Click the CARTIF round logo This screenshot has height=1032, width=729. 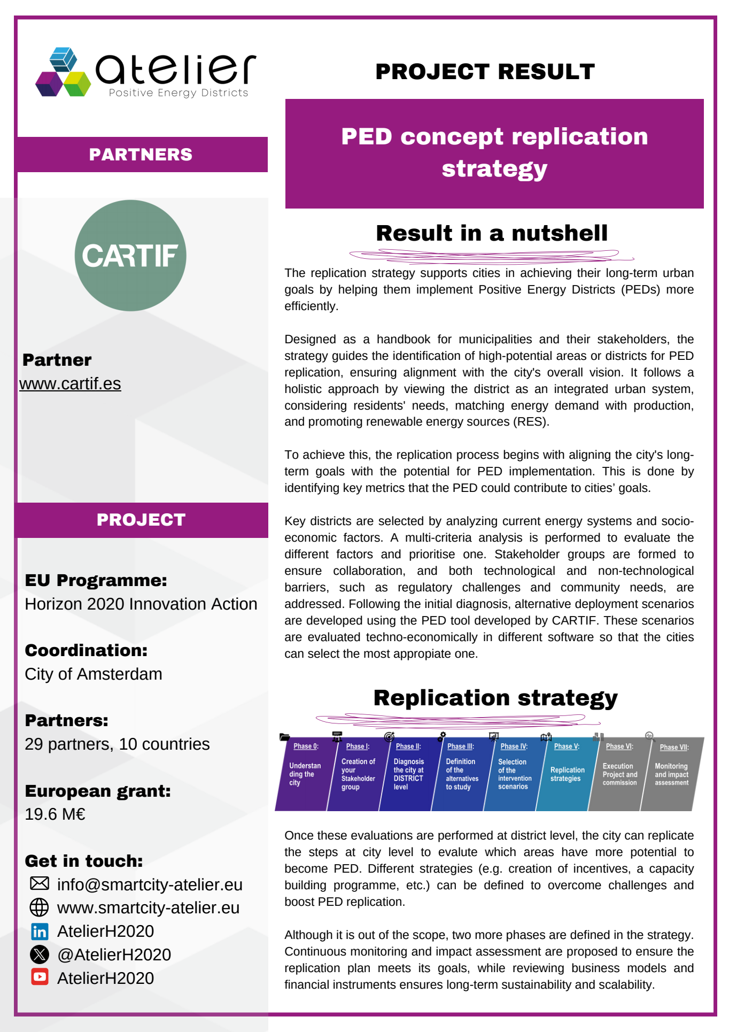(x=130, y=256)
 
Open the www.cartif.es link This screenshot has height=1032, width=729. (x=70, y=384)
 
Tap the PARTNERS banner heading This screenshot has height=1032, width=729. (x=141, y=155)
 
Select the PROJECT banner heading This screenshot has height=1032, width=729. (x=141, y=520)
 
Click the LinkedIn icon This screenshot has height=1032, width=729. (x=40, y=931)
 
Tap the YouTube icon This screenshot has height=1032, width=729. (x=40, y=977)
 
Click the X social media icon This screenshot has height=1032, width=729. (x=40, y=954)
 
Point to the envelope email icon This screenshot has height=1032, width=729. (x=40, y=883)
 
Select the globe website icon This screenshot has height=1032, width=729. (x=39, y=907)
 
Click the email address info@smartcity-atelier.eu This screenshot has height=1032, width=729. (x=150, y=885)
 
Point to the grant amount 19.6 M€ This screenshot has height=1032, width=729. (x=55, y=814)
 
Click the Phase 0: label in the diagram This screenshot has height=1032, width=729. (x=306, y=746)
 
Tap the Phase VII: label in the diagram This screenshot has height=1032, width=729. (x=674, y=748)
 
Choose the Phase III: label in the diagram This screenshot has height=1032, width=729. (x=460, y=746)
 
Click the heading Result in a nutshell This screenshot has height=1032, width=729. (x=492, y=233)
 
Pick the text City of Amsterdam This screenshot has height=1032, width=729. (x=94, y=674)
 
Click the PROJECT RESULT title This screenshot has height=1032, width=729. (x=485, y=72)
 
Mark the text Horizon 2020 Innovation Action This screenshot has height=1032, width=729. (x=141, y=604)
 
